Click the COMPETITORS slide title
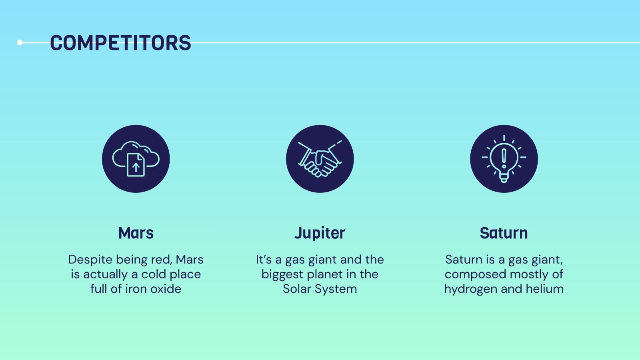click(120, 43)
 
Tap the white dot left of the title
click(20, 42)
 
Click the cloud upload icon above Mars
click(136, 159)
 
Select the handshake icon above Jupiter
click(320, 159)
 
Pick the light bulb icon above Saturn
click(504, 159)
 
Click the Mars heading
click(136, 233)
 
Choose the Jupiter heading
click(320, 234)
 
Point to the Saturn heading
click(504, 233)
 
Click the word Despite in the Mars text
click(90, 260)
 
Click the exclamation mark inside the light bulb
click(504, 158)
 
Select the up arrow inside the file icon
click(136, 168)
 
